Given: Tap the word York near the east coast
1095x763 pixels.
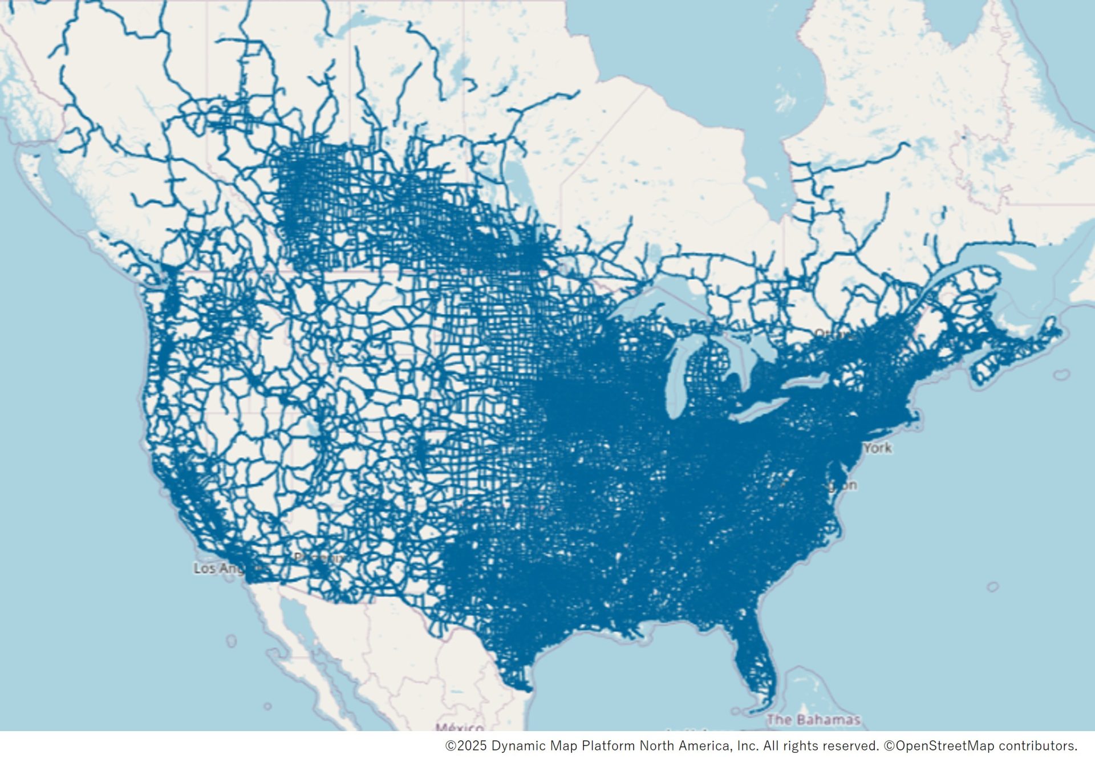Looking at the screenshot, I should point(878,448).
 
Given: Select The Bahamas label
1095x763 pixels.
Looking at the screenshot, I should point(813,720).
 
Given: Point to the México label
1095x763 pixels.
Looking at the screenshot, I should point(460,728).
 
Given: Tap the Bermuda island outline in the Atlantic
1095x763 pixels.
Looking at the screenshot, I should point(993,587).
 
